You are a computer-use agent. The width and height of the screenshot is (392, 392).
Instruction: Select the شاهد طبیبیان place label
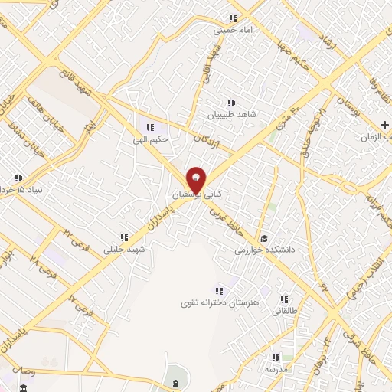229,114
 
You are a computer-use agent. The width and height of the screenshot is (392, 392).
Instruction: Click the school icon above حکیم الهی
150,127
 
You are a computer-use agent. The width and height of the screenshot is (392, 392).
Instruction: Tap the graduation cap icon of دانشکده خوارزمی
264,237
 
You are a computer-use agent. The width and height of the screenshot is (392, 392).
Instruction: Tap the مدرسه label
275,369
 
